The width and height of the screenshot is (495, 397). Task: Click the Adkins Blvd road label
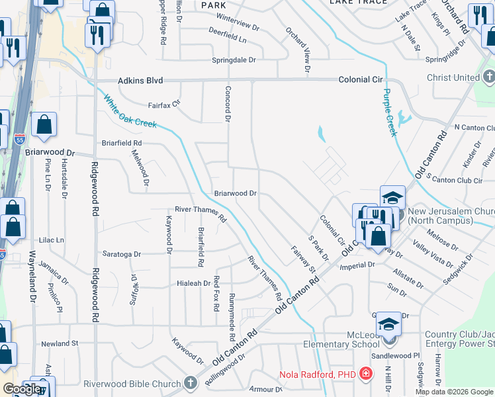coord(140,81)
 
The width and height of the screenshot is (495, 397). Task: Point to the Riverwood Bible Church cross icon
coord(191,384)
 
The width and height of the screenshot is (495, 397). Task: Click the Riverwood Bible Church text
coord(132,384)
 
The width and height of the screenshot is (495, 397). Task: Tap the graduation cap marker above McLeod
coord(388,324)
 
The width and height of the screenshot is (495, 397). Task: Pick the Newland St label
coord(60,344)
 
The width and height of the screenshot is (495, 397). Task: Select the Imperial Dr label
coord(357,265)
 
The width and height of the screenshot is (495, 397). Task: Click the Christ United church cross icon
coord(489,77)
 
